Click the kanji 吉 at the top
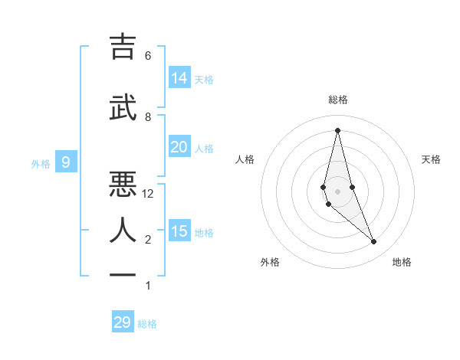coord(123,47)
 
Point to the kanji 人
coord(123,229)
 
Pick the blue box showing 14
coord(179,78)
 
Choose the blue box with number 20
coord(179,147)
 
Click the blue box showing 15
coord(179,231)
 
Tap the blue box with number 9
coord(66,162)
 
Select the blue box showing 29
coord(123,322)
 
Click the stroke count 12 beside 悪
coord(149,194)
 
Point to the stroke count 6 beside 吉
coord(148,56)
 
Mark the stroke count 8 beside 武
coord(148,116)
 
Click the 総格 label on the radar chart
coord(337,100)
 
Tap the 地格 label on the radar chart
coord(402,262)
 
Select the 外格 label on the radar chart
coord(270,262)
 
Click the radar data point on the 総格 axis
coord(337,129)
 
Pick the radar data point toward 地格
coord(374,242)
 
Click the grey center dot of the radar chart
coord(337,191)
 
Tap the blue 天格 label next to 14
coord(204,79)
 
